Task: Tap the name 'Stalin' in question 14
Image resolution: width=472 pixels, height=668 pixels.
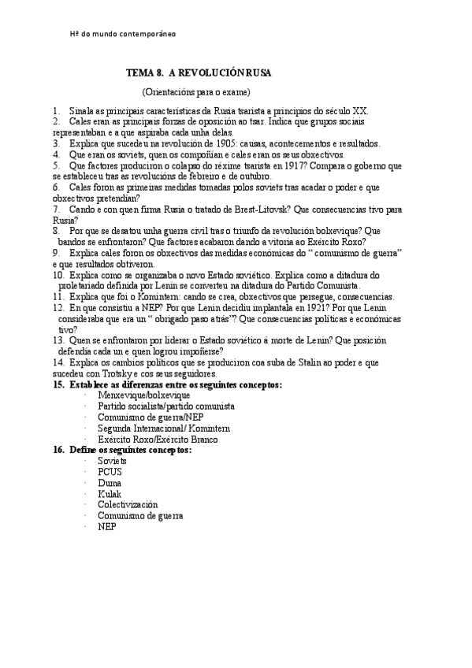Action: [x=303, y=362]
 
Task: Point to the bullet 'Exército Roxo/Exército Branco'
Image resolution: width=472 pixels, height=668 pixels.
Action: [x=158, y=439]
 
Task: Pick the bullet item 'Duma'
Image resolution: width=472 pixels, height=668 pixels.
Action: [x=110, y=482]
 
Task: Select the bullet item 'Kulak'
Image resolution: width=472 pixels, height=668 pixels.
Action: [x=110, y=493]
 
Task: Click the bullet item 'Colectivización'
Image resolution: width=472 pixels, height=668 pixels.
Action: [x=128, y=504]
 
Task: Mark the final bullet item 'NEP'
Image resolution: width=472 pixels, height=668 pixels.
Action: [x=106, y=526]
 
